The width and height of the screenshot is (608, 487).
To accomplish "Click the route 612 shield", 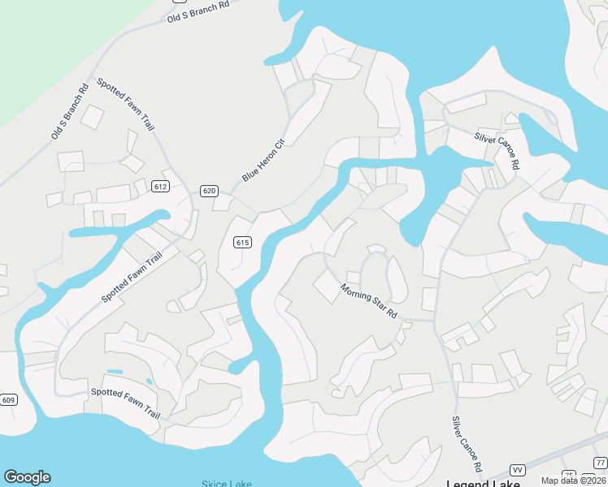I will (x=160, y=187).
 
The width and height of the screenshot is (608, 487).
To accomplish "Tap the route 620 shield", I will (x=209, y=191).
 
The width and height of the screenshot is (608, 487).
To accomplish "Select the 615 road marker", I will (x=241, y=242).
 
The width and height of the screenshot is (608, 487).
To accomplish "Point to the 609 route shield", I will (x=9, y=399).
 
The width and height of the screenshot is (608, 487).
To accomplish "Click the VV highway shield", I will (x=517, y=470).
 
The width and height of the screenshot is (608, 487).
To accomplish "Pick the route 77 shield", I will (x=600, y=463).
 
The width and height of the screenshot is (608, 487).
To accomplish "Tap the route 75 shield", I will (x=569, y=475).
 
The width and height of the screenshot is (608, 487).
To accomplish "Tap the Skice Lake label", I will (x=228, y=484).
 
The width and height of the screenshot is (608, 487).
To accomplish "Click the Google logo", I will (x=27, y=477).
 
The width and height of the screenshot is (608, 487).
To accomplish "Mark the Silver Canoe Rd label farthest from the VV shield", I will (x=497, y=150).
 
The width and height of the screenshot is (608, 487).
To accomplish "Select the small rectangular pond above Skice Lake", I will (x=115, y=372).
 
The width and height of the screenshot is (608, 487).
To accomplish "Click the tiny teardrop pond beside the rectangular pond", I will (x=149, y=381).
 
